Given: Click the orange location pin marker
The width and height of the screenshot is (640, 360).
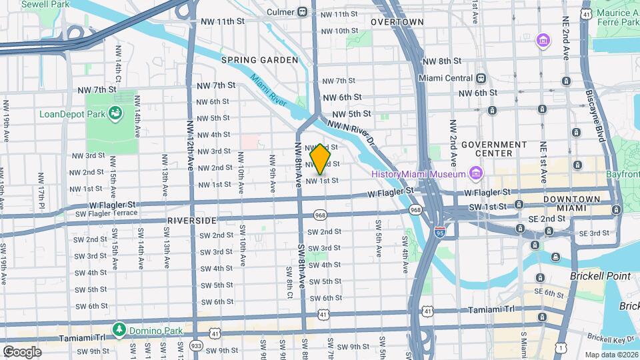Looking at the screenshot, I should (321, 159).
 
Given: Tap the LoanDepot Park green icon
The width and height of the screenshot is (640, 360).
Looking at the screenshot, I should (116, 113).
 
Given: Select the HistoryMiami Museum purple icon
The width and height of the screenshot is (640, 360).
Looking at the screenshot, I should (475, 174).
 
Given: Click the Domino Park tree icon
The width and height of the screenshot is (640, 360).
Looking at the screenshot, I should (119, 329).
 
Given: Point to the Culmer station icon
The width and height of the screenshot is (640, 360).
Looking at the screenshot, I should (302, 12).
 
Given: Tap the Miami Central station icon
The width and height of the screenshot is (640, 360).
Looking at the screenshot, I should (481, 77).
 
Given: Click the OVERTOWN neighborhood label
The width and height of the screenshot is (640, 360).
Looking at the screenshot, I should (397, 22).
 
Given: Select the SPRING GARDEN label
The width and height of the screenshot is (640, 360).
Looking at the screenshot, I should (259, 60).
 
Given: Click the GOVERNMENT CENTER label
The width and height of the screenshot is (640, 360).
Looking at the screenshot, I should (494, 149).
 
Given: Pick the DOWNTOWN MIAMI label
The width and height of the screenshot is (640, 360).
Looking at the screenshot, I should (572, 204).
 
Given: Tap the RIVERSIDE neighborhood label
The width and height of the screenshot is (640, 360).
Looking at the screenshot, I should (192, 220).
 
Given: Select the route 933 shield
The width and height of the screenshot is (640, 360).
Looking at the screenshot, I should (196, 346).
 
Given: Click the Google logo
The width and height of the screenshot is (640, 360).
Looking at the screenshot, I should (22, 351).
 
